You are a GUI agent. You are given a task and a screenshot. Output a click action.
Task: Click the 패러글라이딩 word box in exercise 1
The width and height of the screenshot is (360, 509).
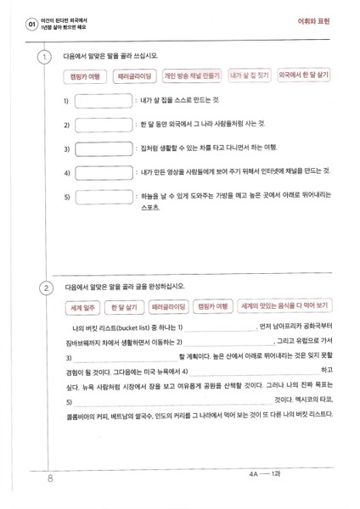click(134, 76)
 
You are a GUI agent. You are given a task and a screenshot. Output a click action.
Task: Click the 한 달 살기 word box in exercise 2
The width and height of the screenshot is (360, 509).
click(123, 306)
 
